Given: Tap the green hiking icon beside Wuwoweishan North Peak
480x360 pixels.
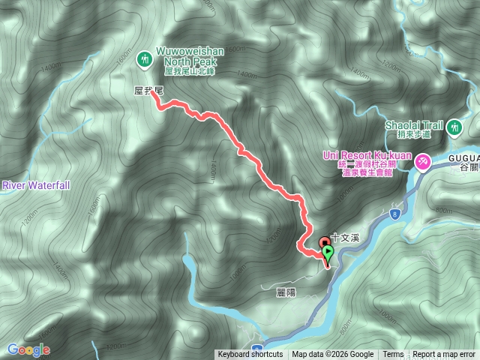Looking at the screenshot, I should pos(144,58).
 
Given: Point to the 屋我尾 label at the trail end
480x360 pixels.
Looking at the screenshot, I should pos(148,89).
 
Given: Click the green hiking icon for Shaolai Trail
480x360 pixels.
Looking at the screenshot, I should pos(454,129).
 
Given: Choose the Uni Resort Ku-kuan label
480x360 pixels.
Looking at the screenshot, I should pos(367,155).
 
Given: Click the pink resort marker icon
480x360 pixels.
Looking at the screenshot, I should pos(424,160).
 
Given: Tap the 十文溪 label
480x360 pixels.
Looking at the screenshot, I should pos(346,237).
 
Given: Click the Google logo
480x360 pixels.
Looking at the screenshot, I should pos(28,349).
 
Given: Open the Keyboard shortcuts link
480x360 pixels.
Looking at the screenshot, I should pos(250,355).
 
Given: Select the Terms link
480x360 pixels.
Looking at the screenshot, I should pos(393,355).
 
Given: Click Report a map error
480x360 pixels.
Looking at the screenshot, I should pos(444,355).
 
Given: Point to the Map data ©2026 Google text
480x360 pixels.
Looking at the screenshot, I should pos(332,355).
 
